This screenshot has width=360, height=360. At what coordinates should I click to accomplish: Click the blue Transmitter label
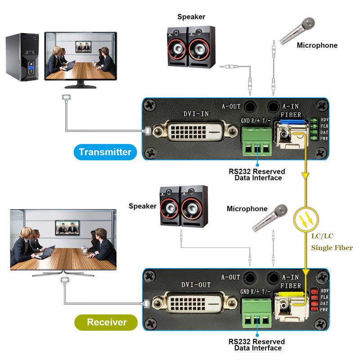105,152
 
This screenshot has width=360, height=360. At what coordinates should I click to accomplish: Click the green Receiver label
106,322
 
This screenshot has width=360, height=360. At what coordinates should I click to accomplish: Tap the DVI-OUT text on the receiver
196,284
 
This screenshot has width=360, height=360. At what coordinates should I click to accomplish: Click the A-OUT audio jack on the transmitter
248,107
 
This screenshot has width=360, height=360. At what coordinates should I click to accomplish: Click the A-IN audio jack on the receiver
273,277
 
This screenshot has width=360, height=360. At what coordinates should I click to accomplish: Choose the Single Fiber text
332,247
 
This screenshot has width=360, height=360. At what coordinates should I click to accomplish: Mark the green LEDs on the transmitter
313,129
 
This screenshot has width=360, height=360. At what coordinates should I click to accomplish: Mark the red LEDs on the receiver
313,300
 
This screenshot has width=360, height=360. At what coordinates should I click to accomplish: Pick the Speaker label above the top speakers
191,17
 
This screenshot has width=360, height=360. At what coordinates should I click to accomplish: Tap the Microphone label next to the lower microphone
247,209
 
